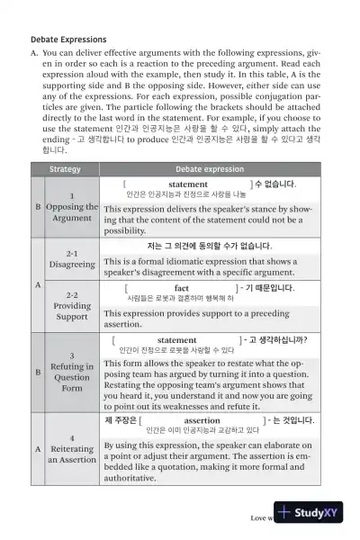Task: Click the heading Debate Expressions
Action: [x=68, y=40]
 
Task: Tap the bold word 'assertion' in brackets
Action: [x=201, y=420]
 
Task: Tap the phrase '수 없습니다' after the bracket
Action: [x=274, y=184]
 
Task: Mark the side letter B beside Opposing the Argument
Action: [x=37, y=206]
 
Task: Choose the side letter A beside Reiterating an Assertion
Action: [x=37, y=447]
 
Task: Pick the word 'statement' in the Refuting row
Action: [x=176, y=340]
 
